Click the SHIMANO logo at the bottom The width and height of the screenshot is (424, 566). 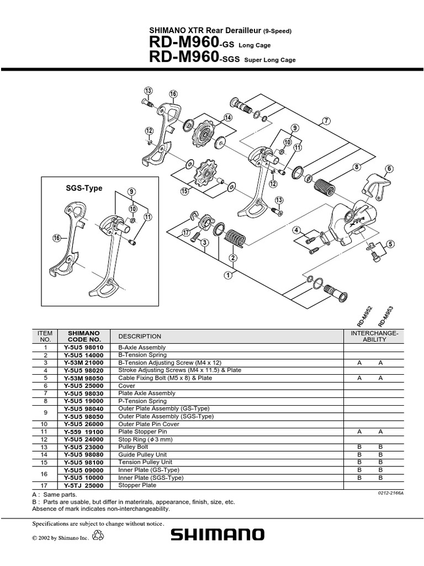point(217,534)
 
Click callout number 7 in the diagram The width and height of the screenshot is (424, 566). point(326,121)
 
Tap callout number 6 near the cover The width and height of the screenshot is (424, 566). point(389,169)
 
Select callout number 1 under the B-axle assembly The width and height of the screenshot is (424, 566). point(227,274)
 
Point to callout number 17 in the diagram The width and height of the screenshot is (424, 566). point(186,233)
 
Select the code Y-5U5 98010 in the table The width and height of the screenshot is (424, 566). point(84,347)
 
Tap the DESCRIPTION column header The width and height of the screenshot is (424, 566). point(140,336)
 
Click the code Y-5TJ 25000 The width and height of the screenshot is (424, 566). point(84,485)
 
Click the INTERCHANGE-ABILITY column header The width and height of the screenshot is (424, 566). point(374,336)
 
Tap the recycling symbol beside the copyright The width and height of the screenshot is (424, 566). point(98,535)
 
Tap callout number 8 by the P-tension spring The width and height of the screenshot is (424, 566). point(357,166)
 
